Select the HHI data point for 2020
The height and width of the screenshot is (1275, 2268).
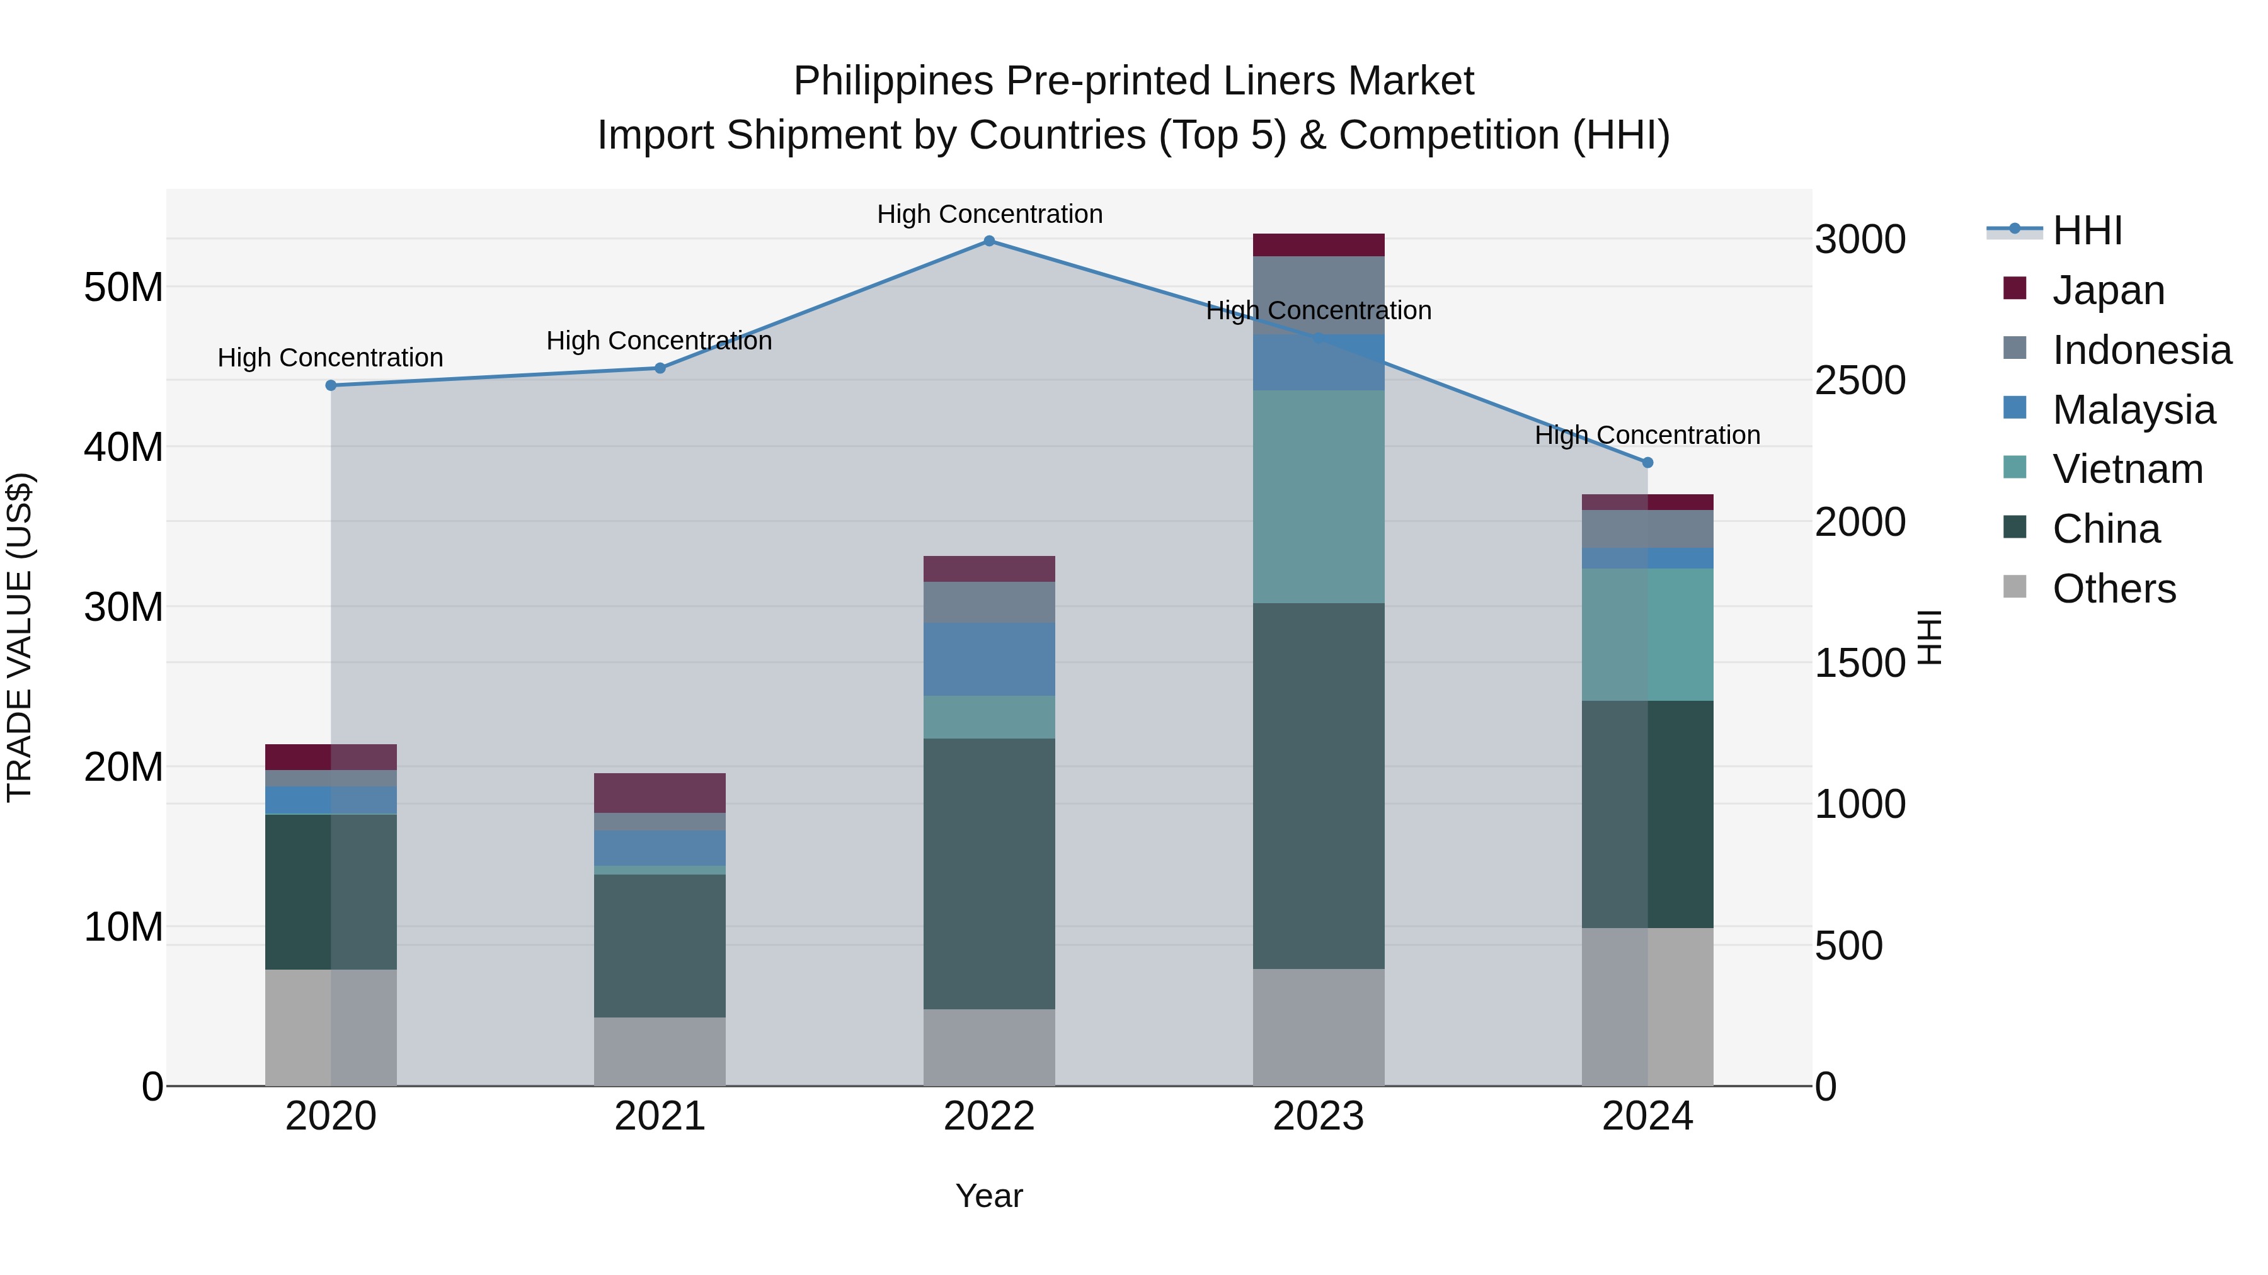(331, 385)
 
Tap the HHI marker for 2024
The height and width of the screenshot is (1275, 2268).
(1647, 463)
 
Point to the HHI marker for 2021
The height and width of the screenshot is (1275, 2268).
(660, 368)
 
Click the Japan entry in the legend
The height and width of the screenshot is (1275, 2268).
(2108, 290)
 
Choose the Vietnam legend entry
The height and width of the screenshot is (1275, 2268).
(2127, 469)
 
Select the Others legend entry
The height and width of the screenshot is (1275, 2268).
(2113, 589)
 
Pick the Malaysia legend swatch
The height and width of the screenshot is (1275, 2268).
(2015, 408)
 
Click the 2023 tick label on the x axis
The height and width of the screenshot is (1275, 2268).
(1318, 1116)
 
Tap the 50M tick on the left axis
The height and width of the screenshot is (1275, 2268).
(123, 288)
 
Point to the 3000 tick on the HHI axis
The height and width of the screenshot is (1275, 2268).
(1860, 239)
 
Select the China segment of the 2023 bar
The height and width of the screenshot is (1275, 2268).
(1318, 785)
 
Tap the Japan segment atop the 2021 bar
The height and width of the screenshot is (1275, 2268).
(660, 793)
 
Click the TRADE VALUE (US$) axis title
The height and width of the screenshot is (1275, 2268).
(20, 637)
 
